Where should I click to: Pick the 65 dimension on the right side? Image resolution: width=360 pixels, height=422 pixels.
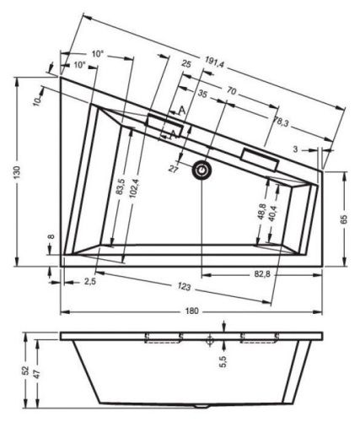pos(344,219)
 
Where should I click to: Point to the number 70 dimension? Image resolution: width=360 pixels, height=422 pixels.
pos(230,89)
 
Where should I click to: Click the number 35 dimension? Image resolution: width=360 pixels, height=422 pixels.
pos(202,95)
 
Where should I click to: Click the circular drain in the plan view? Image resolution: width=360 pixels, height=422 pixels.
pos(201,171)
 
